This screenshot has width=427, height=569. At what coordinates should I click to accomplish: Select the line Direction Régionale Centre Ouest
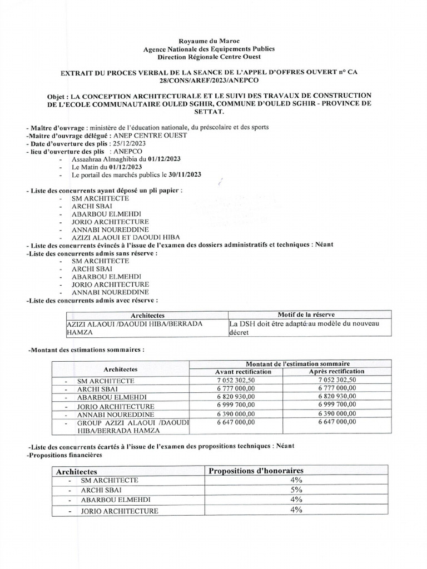[x=213, y=57]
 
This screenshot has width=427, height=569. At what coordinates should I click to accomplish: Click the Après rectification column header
[x=336, y=372]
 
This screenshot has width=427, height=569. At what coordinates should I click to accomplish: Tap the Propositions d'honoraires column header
[x=256, y=471]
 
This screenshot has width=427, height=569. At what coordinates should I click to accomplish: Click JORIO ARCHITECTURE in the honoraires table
[x=119, y=511]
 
